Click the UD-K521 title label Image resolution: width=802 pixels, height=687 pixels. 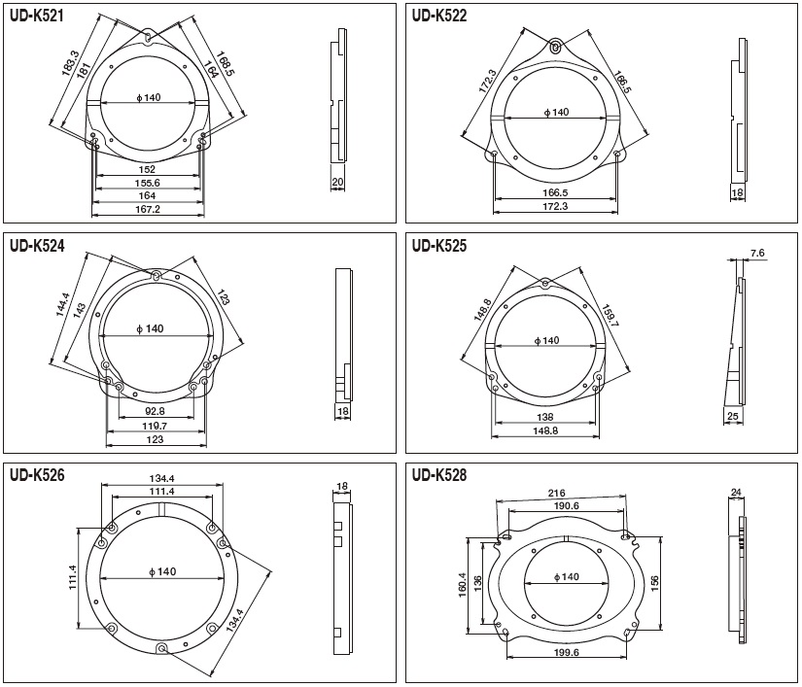(x=36, y=16)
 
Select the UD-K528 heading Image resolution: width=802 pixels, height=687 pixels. (x=439, y=475)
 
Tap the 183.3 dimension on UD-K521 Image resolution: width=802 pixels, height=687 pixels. (x=70, y=64)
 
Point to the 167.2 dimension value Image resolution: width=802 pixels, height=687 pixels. (x=148, y=209)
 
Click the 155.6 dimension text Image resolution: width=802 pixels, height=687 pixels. (x=148, y=183)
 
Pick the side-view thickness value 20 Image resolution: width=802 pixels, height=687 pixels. (x=337, y=182)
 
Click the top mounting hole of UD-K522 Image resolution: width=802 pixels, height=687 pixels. (x=556, y=47)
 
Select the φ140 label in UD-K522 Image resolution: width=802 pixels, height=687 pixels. (x=556, y=112)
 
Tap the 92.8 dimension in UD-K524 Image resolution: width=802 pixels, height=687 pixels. (x=156, y=410)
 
